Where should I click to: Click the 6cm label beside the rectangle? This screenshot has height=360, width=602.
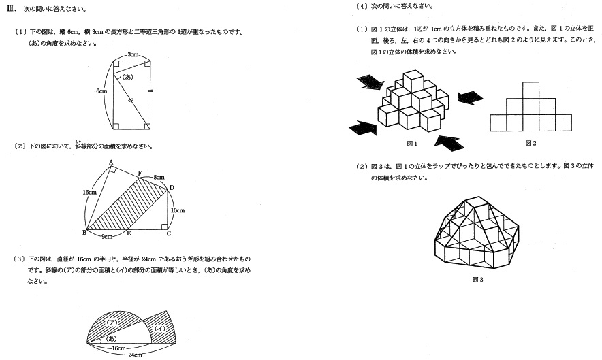(101, 91)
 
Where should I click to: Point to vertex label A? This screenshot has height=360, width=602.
(110, 162)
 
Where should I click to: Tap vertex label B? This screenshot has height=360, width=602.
(83, 233)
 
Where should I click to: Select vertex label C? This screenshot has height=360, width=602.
(169, 233)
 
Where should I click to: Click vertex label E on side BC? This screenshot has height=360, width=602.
(129, 233)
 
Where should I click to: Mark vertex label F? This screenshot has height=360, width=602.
(140, 174)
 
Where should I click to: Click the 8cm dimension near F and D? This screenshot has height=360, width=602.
(158, 177)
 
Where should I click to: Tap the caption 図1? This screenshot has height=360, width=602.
(411, 144)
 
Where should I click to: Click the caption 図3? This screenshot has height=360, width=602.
(477, 279)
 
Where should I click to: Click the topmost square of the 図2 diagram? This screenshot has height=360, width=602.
(531, 90)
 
